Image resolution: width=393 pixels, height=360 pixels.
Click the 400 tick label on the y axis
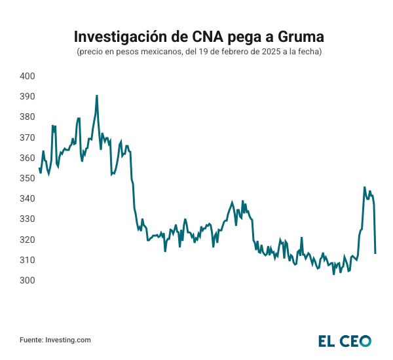pos(28,76)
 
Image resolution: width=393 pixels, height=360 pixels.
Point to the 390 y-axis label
pos(28,96)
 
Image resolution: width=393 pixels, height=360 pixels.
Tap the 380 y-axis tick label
pos(28,117)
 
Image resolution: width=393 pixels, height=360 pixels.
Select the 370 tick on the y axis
pos(28,137)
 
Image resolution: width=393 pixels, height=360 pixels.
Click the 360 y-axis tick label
pos(28,158)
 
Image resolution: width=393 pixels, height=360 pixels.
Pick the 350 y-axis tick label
pos(28,178)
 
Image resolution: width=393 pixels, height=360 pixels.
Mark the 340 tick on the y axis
pos(28,198)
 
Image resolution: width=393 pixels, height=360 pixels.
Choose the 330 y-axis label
pos(28,219)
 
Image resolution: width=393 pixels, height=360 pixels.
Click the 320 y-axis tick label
pos(28,240)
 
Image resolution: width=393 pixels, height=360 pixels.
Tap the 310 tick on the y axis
pos(28,260)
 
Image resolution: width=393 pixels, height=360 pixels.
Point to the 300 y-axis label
pos(28,280)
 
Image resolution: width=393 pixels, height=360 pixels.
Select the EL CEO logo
pos(345,340)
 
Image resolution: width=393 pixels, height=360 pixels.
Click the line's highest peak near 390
pos(97,96)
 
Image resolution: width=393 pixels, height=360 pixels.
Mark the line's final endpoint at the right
pos(375,253)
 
